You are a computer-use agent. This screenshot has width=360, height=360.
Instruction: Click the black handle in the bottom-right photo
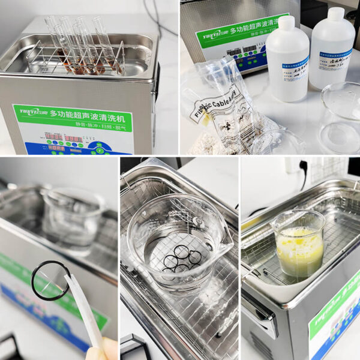pos(260,312)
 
